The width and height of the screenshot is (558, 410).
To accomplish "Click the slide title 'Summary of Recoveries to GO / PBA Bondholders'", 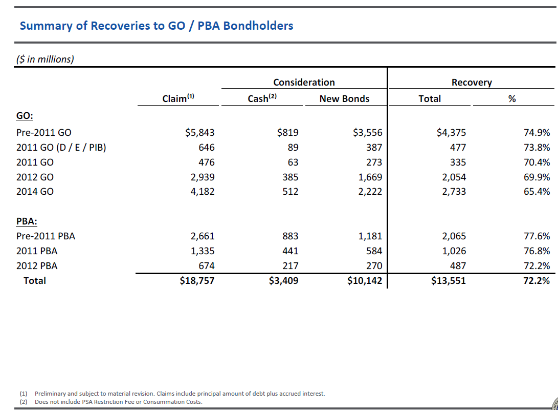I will tap(156, 26).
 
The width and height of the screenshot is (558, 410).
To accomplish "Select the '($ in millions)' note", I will tap(45, 59).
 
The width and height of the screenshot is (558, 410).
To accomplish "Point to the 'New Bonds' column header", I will tap(344, 98).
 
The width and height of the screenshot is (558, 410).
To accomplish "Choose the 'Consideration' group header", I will tap(304, 82).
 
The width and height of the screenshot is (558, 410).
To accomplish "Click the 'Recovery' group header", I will tap(471, 82).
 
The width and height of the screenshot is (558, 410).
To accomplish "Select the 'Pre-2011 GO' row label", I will tap(44, 133).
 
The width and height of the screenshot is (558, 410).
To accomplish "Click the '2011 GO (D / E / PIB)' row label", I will tap(61, 148).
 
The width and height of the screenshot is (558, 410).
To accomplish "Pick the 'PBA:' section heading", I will tap(27, 221).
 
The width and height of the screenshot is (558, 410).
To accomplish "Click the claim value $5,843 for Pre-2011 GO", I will tap(199, 133).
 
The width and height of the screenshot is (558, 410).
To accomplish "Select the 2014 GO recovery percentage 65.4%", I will tap(537, 192).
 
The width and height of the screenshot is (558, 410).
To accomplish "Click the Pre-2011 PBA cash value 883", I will tap(290, 236).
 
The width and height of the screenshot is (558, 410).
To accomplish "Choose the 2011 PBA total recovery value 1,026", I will tap(454, 251).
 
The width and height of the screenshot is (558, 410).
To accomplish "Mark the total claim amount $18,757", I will tap(197, 280).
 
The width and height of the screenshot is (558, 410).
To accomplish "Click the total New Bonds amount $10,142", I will tap(364, 280).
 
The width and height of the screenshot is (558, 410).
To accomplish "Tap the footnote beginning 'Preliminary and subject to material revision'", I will tap(179, 394).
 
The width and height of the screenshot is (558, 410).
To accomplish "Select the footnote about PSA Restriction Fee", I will tap(118, 402).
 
